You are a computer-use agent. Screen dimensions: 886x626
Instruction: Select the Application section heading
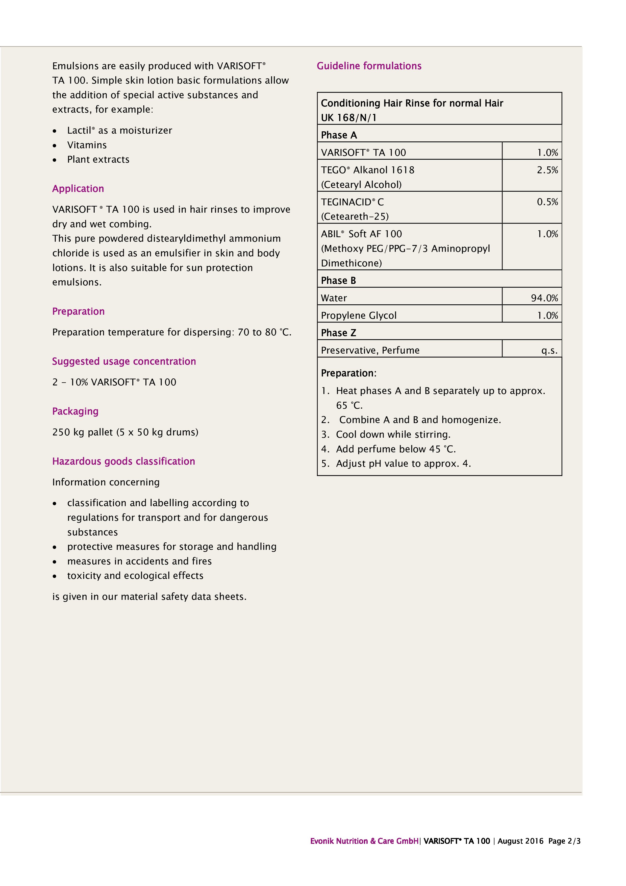pyautogui.click(x=78, y=189)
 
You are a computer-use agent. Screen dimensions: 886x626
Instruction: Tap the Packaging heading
pyautogui.click(x=75, y=411)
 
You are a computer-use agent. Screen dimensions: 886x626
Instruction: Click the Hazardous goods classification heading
pyautogui.click(x=123, y=461)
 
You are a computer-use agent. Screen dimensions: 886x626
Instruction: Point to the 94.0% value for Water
pyautogui.click(x=544, y=298)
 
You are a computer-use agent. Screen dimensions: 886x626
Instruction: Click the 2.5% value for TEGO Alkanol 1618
pyautogui.click(x=547, y=170)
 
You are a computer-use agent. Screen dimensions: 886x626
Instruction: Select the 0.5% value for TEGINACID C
pyautogui.click(x=547, y=202)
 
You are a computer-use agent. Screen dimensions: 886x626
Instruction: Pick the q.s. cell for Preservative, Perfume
pyautogui.click(x=549, y=350)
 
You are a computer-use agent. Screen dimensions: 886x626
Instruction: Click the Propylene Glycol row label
pyautogui.click(x=358, y=316)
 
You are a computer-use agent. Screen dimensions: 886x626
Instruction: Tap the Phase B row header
pyautogui.click(x=338, y=281)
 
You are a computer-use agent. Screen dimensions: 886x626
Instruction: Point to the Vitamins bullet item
pyautogui.click(x=87, y=145)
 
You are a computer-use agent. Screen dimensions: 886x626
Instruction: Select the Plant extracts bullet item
pyautogui.click(x=98, y=160)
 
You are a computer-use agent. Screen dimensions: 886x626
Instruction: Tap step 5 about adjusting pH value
pyautogui.click(x=403, y=463)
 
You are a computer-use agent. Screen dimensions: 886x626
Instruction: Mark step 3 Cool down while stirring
pyautogui.click(x=393, y=434)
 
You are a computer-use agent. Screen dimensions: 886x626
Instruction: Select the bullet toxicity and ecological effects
pyautogui.click(x=135, y=576)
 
